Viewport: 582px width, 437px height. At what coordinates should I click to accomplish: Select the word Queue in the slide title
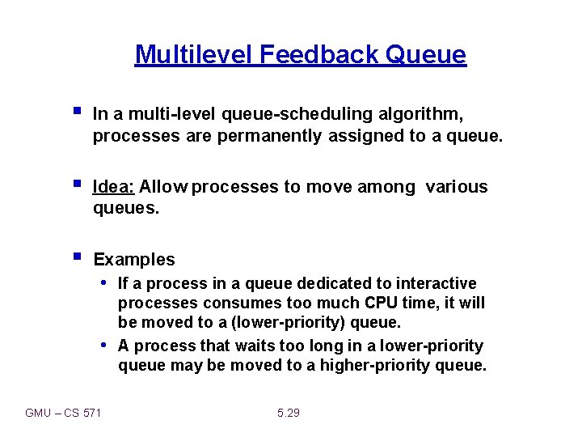[x=427, y=54]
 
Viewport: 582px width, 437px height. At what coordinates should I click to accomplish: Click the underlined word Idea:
[x=114, y=187]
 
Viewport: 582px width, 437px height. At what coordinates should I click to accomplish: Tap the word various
[x=457, y=187]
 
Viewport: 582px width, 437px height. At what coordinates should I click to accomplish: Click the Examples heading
[x=134, y=260]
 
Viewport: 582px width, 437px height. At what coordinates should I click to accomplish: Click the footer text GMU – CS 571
[x=64, y=413]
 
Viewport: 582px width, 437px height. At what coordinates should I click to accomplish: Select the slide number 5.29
[x=288, y=413]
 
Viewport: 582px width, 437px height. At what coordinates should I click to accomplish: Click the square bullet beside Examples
[x=76, y=257]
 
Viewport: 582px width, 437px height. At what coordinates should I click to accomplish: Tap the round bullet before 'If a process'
[x=105, y=283]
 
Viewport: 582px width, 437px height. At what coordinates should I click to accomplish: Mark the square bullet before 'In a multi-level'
[x=76, y=112]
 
